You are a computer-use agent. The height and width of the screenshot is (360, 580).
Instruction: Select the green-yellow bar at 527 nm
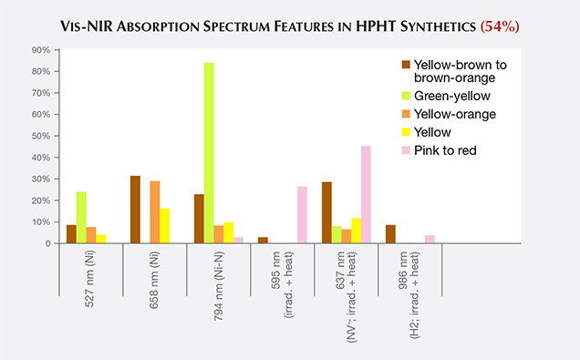point(81,218)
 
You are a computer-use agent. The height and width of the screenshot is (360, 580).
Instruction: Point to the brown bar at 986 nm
point(390,234)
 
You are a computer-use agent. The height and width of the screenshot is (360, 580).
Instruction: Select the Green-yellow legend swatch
point(405,94)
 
